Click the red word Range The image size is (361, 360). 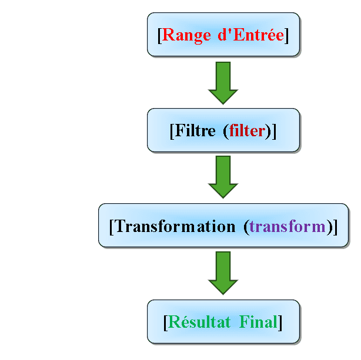click(186, 36)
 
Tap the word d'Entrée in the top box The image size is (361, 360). click(250, 35)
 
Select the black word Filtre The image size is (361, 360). click(195, 130)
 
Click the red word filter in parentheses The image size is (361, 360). click(248, 130)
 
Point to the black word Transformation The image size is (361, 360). click(175, 226)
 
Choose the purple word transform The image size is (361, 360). click(288, 226)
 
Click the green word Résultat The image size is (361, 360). click(199, 321)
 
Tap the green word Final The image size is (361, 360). click(258, 322)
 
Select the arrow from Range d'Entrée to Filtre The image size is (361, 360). click(223, 83)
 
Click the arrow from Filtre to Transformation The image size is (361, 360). click(223, 177)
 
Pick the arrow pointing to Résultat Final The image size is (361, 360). click(223, 273)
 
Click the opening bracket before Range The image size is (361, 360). click(160, 36)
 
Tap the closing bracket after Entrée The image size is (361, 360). click(286, 36)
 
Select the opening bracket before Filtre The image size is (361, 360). click(172, 131)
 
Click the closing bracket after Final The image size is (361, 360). click(280, 323)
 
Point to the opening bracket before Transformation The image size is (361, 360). click(112, 227)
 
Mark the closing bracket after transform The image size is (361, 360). click(335, 227)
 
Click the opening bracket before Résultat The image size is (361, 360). click(166, 323)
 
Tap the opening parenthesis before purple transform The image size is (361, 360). click(246, 227)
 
